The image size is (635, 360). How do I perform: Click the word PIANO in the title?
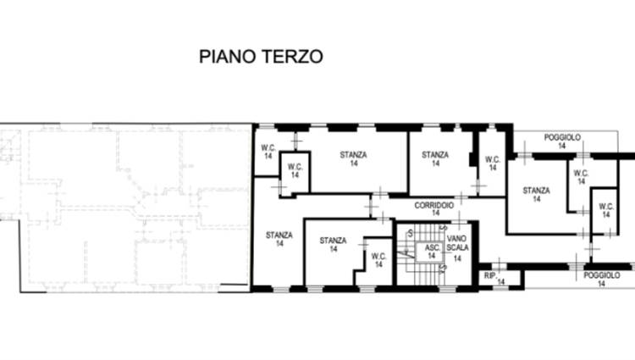[x=227, y=57]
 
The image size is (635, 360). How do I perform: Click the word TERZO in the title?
[x=292, y=57]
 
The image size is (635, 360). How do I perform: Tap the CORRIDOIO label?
[x=434, y=206]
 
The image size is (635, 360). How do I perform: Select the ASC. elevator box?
[x=429, y=252]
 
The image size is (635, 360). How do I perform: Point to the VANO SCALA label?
[x=457, y=243]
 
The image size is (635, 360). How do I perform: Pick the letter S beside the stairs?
[x=411, y=233]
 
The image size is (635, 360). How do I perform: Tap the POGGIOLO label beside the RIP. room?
[x=601, y=275]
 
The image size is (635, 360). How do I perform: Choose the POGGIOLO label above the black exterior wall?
[x=562, y=138]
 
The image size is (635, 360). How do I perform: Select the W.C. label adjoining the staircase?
[x=378, y=257]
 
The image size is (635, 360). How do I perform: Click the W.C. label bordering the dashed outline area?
[x=268, y=147]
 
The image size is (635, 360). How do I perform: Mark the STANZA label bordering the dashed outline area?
[x=279, y=235]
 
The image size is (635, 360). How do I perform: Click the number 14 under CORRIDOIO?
[x=435, y=213]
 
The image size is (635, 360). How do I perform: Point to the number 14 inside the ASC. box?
[x=431, y=256]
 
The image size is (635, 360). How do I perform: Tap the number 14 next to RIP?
[x=501, y=281]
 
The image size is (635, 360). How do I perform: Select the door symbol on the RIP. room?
[x=499, y=265]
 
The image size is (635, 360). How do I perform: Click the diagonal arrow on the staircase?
[x=403, y=254]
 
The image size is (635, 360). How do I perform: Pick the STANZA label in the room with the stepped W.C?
[x=333, y=241]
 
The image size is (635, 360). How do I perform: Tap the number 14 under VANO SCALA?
[x=457, y=258]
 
